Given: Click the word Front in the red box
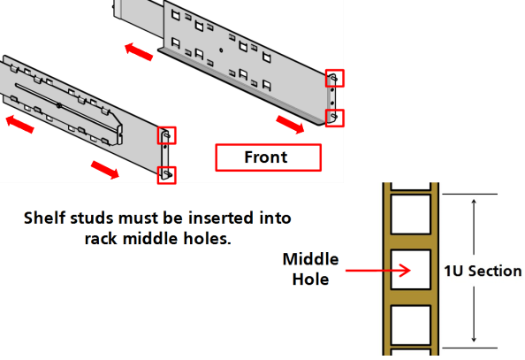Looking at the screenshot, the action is click(x=266, y=157).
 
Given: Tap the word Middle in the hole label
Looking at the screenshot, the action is click(x=310, y=259).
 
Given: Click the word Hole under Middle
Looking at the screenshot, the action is click(x=310, y=280).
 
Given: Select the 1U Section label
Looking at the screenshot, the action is click(x=483, y=271).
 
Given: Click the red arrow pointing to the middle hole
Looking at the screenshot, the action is click(x=377, y=270).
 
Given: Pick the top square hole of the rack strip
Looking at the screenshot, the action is click(x=410, y=214).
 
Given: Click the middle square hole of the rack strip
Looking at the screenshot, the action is click(x=410, y=269).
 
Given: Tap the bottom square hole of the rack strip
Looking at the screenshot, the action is click(x=410, y=325).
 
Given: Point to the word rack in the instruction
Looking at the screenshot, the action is click(x=102, y=239).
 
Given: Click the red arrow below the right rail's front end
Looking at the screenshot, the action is click(x=290, y=124).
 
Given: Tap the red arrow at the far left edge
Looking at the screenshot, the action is click(x=20, y=124).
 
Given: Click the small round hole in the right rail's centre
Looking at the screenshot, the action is click(x=221, y=50).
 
